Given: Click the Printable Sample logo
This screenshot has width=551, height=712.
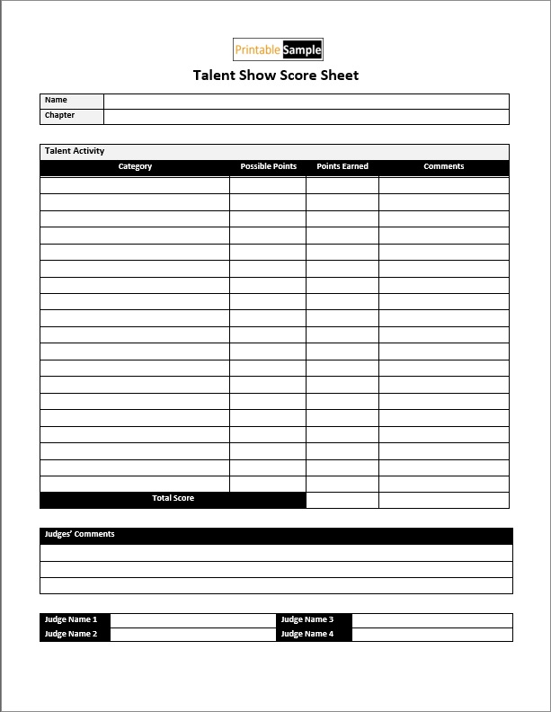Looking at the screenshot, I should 278,49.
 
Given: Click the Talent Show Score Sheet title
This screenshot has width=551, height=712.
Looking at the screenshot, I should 276,76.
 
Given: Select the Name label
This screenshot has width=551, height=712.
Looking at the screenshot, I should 56,101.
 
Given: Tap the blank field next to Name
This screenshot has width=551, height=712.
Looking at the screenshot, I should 306,101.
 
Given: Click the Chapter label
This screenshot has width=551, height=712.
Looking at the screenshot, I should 60,116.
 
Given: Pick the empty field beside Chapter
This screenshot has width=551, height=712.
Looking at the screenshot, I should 306,116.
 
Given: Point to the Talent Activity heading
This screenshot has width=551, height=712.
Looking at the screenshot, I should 75,151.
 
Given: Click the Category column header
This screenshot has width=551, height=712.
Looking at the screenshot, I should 135,167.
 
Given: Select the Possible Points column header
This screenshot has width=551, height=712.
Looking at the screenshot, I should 268,167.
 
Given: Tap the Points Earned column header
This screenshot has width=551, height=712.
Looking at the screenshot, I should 342,167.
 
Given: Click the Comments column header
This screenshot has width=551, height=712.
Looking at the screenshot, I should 443,167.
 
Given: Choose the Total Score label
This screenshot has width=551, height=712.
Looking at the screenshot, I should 173,499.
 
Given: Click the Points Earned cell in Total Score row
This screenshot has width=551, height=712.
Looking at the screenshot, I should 342,500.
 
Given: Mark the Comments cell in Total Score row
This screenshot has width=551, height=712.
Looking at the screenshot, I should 443,500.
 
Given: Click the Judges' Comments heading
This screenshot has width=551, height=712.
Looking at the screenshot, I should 80,535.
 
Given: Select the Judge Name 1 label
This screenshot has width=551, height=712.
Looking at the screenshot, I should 71,620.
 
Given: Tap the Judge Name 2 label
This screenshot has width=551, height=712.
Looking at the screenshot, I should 71,635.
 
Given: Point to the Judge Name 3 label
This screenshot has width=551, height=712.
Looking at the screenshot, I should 307,620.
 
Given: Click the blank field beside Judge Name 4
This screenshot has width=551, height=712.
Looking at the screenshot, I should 431,635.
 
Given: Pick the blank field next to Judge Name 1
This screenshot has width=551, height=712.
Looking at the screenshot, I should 192,620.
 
